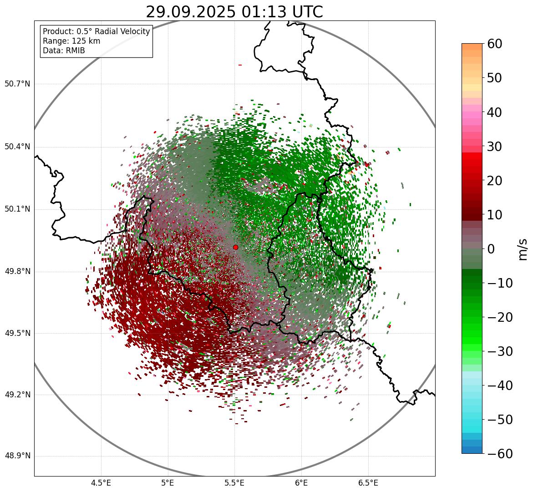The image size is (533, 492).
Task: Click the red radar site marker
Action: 235,247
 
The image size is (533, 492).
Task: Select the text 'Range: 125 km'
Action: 71,41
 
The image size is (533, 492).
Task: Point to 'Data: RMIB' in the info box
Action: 64,51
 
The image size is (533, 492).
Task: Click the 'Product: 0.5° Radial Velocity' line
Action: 96,31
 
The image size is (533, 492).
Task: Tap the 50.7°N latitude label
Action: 17,84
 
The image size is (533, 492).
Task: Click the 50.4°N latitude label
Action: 17,147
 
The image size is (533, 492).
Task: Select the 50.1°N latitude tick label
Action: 17,209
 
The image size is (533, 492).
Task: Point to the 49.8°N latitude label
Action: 17,272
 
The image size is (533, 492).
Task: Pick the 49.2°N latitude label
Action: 17,395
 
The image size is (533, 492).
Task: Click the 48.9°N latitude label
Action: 17,456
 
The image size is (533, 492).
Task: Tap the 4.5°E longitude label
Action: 101,483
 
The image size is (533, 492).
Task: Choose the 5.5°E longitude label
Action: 234,483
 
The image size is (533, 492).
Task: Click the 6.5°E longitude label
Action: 368,483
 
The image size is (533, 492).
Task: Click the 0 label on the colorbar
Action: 491,249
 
